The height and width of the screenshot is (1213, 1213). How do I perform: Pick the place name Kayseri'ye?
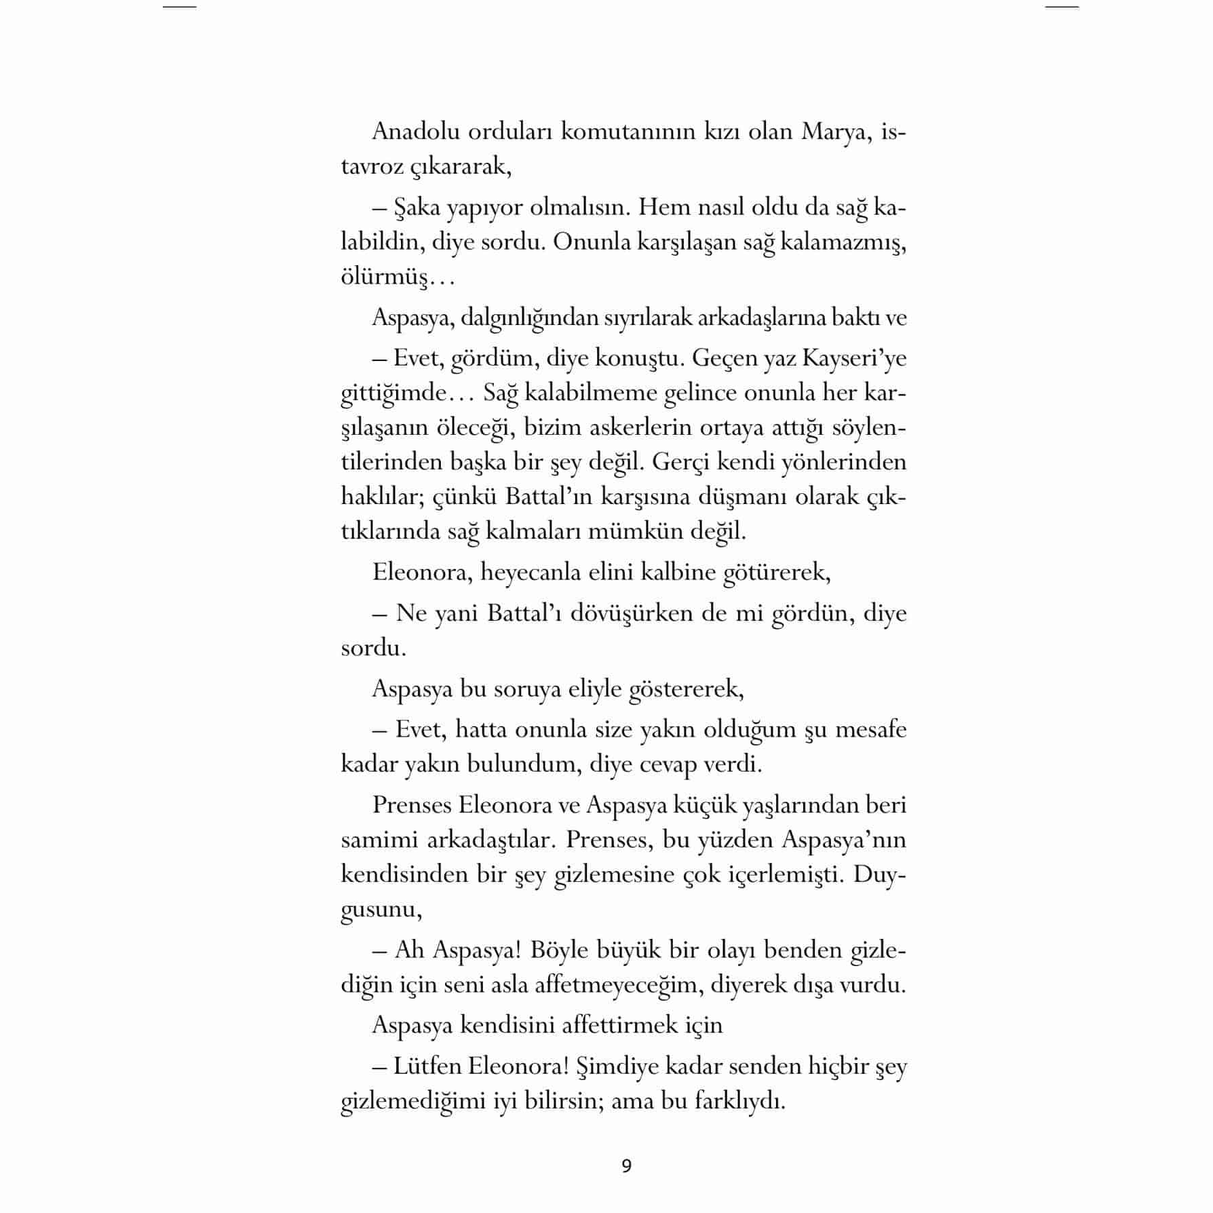coord(854,358)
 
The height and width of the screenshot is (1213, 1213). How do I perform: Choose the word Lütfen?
coord(425,1066)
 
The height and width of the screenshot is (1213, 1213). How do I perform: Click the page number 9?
coord(626,1166)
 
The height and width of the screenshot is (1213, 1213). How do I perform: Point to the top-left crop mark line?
coord(180,7)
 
